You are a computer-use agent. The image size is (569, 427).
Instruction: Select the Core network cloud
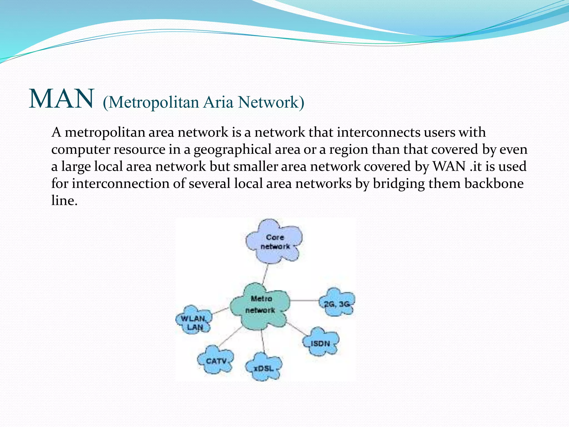coord(274,242)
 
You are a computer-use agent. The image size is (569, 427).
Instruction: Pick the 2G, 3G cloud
coord(337,303)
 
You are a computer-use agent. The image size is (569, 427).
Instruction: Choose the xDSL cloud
coord(264,368)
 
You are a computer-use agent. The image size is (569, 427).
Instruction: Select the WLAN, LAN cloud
coord(194,322)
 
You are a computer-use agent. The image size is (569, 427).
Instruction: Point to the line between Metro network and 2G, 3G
coord(305,300)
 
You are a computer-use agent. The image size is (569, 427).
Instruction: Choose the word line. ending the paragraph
coord(64,200)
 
